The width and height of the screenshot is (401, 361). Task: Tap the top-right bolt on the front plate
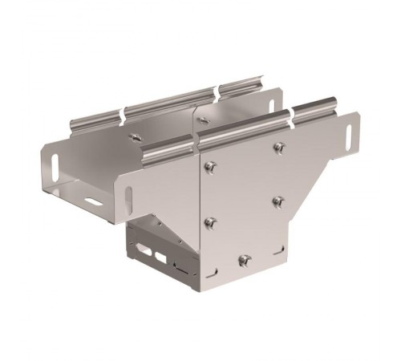click(x=278, y=147)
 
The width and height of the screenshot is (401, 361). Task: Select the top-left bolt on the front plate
click(x=210, y=166)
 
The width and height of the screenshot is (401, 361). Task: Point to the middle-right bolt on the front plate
click(x=278, y=200)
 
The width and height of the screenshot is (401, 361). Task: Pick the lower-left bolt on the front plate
click(x=210, y=221)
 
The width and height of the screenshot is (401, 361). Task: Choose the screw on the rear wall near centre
click(x=205, y=120)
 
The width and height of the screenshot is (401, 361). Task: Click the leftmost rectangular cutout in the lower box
click(x=148, y=254)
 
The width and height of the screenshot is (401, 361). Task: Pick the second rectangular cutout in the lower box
click(x=162, y=258)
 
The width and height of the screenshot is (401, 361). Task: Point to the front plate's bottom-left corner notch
click(x=198, y=282)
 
